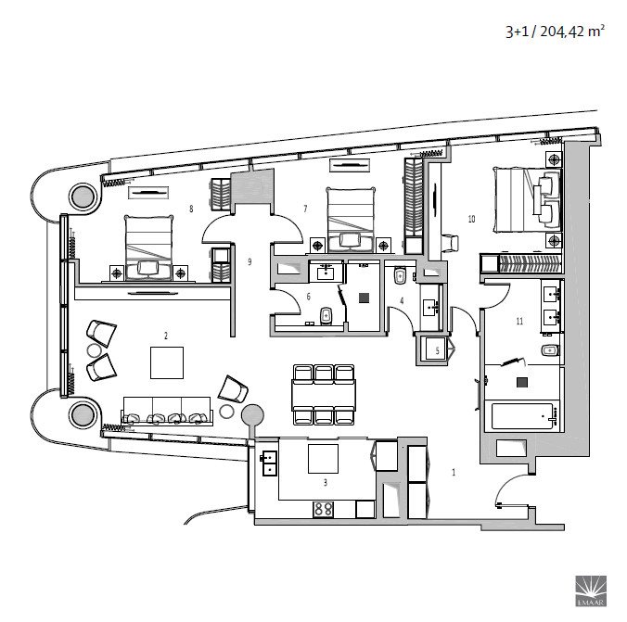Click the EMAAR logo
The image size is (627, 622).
[x=591, y=590]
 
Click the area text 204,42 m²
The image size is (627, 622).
[x=572, y=32]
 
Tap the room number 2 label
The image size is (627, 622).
[x=166, y=336]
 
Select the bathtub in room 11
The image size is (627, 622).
[x=522, y=416]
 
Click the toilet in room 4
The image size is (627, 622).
[x=400, y=276]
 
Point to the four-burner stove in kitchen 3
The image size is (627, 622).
[x=323, y=509]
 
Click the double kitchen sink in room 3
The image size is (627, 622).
[x=270, y=463]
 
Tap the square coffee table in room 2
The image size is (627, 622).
[x=167, y=362]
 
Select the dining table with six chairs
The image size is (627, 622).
[x=324, y=395]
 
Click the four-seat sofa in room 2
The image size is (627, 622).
[x=167, y=411]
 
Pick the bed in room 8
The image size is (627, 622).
[x=148, y=248]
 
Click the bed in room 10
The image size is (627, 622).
[x=527, y=199]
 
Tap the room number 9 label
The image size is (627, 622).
[x=250, y=261]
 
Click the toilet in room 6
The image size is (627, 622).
[x=326, y=316]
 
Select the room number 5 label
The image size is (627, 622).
[x=437, y=351]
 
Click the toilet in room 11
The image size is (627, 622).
[x=550, y=350]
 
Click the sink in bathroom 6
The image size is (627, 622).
[x=326, y=272]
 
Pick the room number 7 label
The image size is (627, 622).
[x=305, y=209]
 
